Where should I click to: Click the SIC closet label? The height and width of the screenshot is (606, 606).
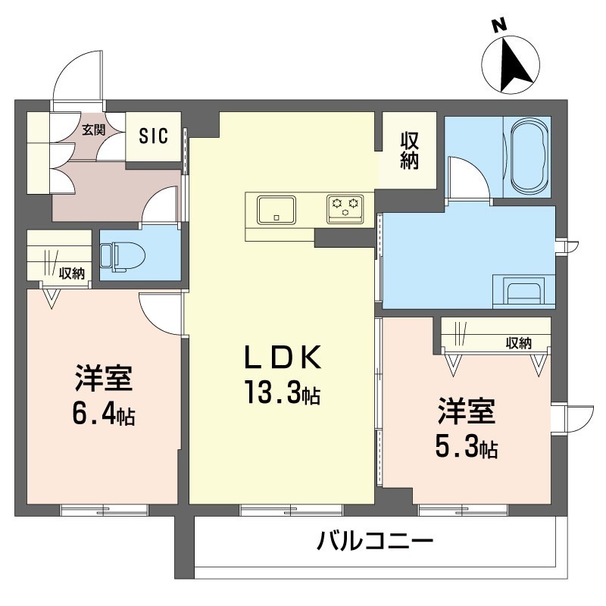click(154, 136)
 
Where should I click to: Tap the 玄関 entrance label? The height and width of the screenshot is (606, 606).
click(93, 130)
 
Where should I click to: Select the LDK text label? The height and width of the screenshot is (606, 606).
click(283, 357)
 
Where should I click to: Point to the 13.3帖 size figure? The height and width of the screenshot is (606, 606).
click(282, 392)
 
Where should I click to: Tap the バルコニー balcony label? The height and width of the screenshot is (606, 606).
click(375, 541)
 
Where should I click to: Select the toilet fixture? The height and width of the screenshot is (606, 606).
click(122, 256)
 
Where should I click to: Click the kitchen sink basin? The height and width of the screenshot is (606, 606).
click(276, 210)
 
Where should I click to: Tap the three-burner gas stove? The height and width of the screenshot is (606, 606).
click(345, 209)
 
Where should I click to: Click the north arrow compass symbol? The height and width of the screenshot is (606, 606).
click(511, 64)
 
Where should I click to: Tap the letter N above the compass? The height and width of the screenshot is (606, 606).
click(499, 25)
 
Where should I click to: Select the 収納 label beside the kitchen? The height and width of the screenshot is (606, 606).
click(409, 151)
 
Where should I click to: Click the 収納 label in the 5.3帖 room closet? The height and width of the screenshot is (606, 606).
click(519, 343)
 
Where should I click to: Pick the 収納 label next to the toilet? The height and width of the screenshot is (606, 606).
click(71, 273)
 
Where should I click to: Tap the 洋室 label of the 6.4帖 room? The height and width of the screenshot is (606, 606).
click(104, 377)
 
